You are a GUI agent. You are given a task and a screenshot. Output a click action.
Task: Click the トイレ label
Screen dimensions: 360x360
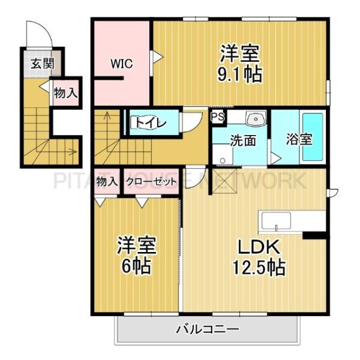pyautogui.click(x=147, y=122)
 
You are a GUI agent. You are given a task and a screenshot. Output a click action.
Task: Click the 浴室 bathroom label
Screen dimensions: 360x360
pyautogui.click(x=299, y=140)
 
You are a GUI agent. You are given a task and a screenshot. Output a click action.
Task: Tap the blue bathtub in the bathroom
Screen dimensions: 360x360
pyautogui.click(x=313, y=136)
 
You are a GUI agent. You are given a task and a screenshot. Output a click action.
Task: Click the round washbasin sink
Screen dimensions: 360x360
pyautogui.click(x=259, y=119)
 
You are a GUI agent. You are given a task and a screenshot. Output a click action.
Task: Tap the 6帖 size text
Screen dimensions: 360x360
pyautogui.click(x=136, y=265)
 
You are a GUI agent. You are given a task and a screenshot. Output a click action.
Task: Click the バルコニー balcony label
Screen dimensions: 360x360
pyautogui.click(x=207, y=329)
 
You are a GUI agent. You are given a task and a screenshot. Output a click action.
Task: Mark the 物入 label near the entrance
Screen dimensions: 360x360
pyautogui.click(x=65, y=93)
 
